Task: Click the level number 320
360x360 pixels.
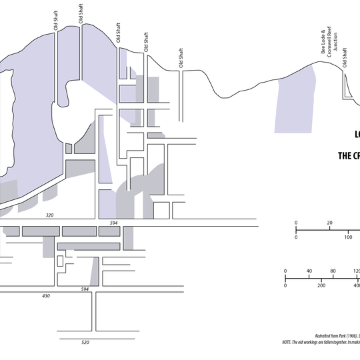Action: [49, 216]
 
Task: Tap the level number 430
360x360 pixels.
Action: [46, 295]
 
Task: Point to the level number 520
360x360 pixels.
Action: [85, 342]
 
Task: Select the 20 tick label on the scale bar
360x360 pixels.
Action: [329, 223]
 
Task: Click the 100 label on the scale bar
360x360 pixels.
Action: [348, 237]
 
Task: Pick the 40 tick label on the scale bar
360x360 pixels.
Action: [309, 271]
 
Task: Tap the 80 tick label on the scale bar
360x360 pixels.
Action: [333, 271]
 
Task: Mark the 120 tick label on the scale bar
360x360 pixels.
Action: [356, 271]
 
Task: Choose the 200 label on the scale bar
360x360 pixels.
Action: [321, 285]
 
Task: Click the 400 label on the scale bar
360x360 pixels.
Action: [356, 285]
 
